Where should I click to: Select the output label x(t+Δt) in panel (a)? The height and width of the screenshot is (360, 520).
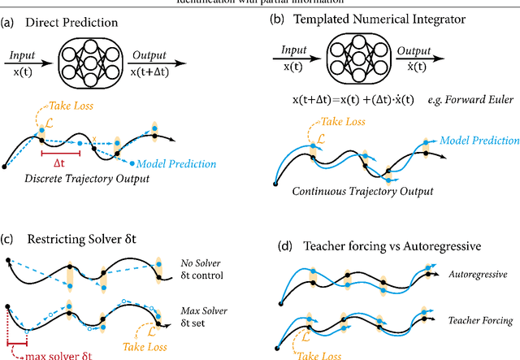[148, 72]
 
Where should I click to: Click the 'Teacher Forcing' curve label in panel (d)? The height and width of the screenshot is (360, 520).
[480, 320]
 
